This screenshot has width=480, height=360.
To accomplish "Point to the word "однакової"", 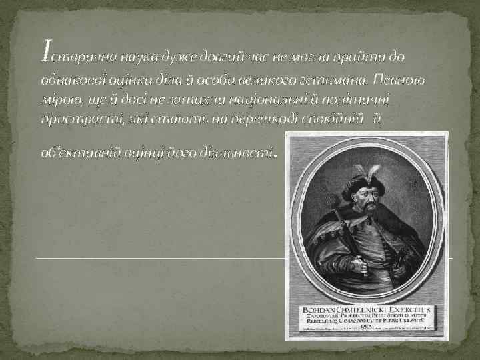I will click(69, 80).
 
